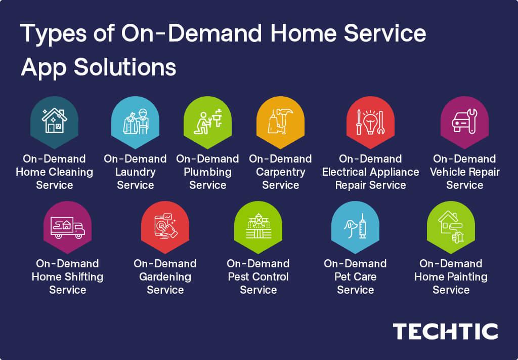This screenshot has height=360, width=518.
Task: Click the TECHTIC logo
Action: pyautogui.click(x=445, y=332)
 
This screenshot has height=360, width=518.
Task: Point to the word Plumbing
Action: pyautogui.click(x=207, y=172)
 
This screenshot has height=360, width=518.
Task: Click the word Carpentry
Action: pyautogui.click(x=280, y=172)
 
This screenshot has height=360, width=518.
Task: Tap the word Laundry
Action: pyautogui.click(x=135, y=172)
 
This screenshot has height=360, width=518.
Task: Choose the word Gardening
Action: pyautogui.click(x=165, y=277)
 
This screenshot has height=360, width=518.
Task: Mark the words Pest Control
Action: pyautogui.click(x=258, y=277)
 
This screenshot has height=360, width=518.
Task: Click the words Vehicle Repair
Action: pyautogui.click(x=464, y=172)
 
